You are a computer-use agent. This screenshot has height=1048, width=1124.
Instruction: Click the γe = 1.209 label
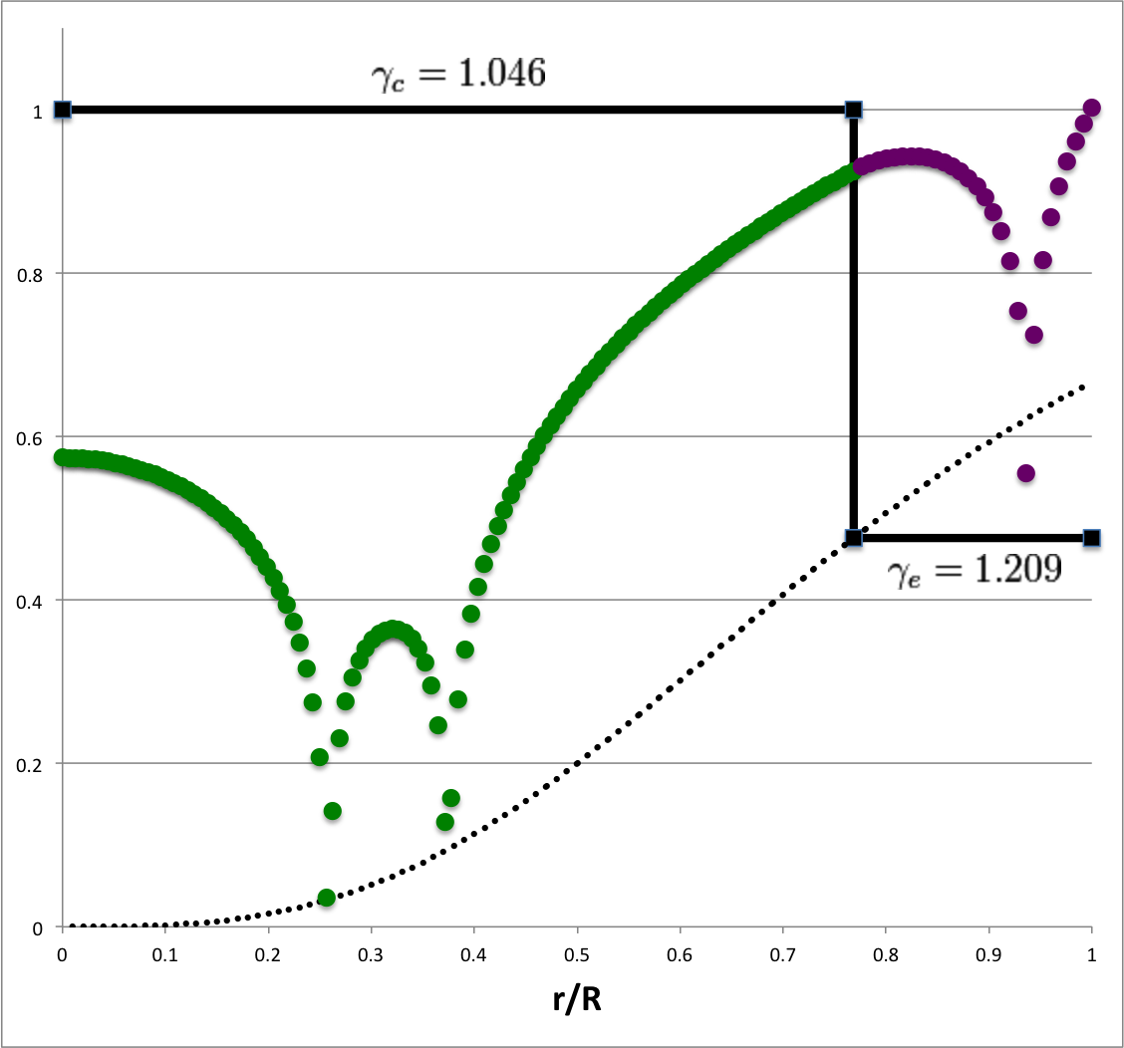[x=974, y=571]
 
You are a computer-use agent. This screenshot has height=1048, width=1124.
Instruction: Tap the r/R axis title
[x=576, y=998]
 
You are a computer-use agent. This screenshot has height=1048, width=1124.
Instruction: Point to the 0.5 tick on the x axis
[x=577, y=952]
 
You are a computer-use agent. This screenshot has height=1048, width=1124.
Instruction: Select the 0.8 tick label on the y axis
[x=34, y=274]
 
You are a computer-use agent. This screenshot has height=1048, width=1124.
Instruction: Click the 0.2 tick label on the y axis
[x=34, y=764]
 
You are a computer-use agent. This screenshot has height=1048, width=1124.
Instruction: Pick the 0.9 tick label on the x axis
[x=988, y=952]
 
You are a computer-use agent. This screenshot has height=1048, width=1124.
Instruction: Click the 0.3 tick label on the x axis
[x=371, y=952]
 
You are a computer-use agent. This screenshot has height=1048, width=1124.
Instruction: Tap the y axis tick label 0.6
[x=34, y=437]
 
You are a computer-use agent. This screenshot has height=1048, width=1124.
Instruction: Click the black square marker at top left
[x=63, y=110]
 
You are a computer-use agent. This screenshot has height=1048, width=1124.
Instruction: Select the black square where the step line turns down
[x=853, y=110]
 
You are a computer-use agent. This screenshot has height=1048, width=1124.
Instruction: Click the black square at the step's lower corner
[x=853, y=538]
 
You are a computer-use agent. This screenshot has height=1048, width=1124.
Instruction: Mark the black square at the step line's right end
[x=1091, y=538]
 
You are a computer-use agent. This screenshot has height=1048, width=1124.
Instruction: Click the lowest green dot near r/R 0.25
[x=326, y=898]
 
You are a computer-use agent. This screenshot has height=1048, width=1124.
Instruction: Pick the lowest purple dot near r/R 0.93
[x=1025, y=473]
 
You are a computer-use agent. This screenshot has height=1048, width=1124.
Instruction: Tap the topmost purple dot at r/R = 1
[x=1091, y=108]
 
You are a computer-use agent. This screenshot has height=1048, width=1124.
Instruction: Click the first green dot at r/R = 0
[x=63, y=457]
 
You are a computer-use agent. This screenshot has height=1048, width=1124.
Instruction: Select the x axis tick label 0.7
[x=783, y=952]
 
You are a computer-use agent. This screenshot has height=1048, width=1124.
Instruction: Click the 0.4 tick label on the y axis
[x=34, y=601]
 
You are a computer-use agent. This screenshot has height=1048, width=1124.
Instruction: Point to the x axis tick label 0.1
[x=165, y=952]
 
